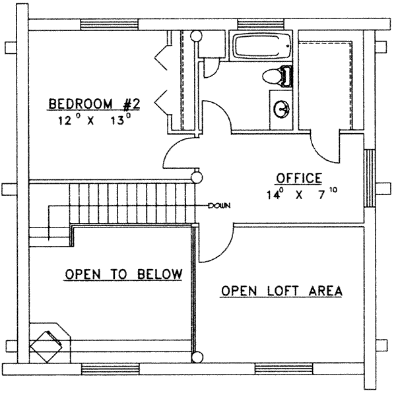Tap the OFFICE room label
[298, 177]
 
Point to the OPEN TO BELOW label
[123, 274]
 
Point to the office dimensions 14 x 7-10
[298, 195]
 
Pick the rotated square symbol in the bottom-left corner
[48, 343]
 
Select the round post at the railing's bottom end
[195, 358]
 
